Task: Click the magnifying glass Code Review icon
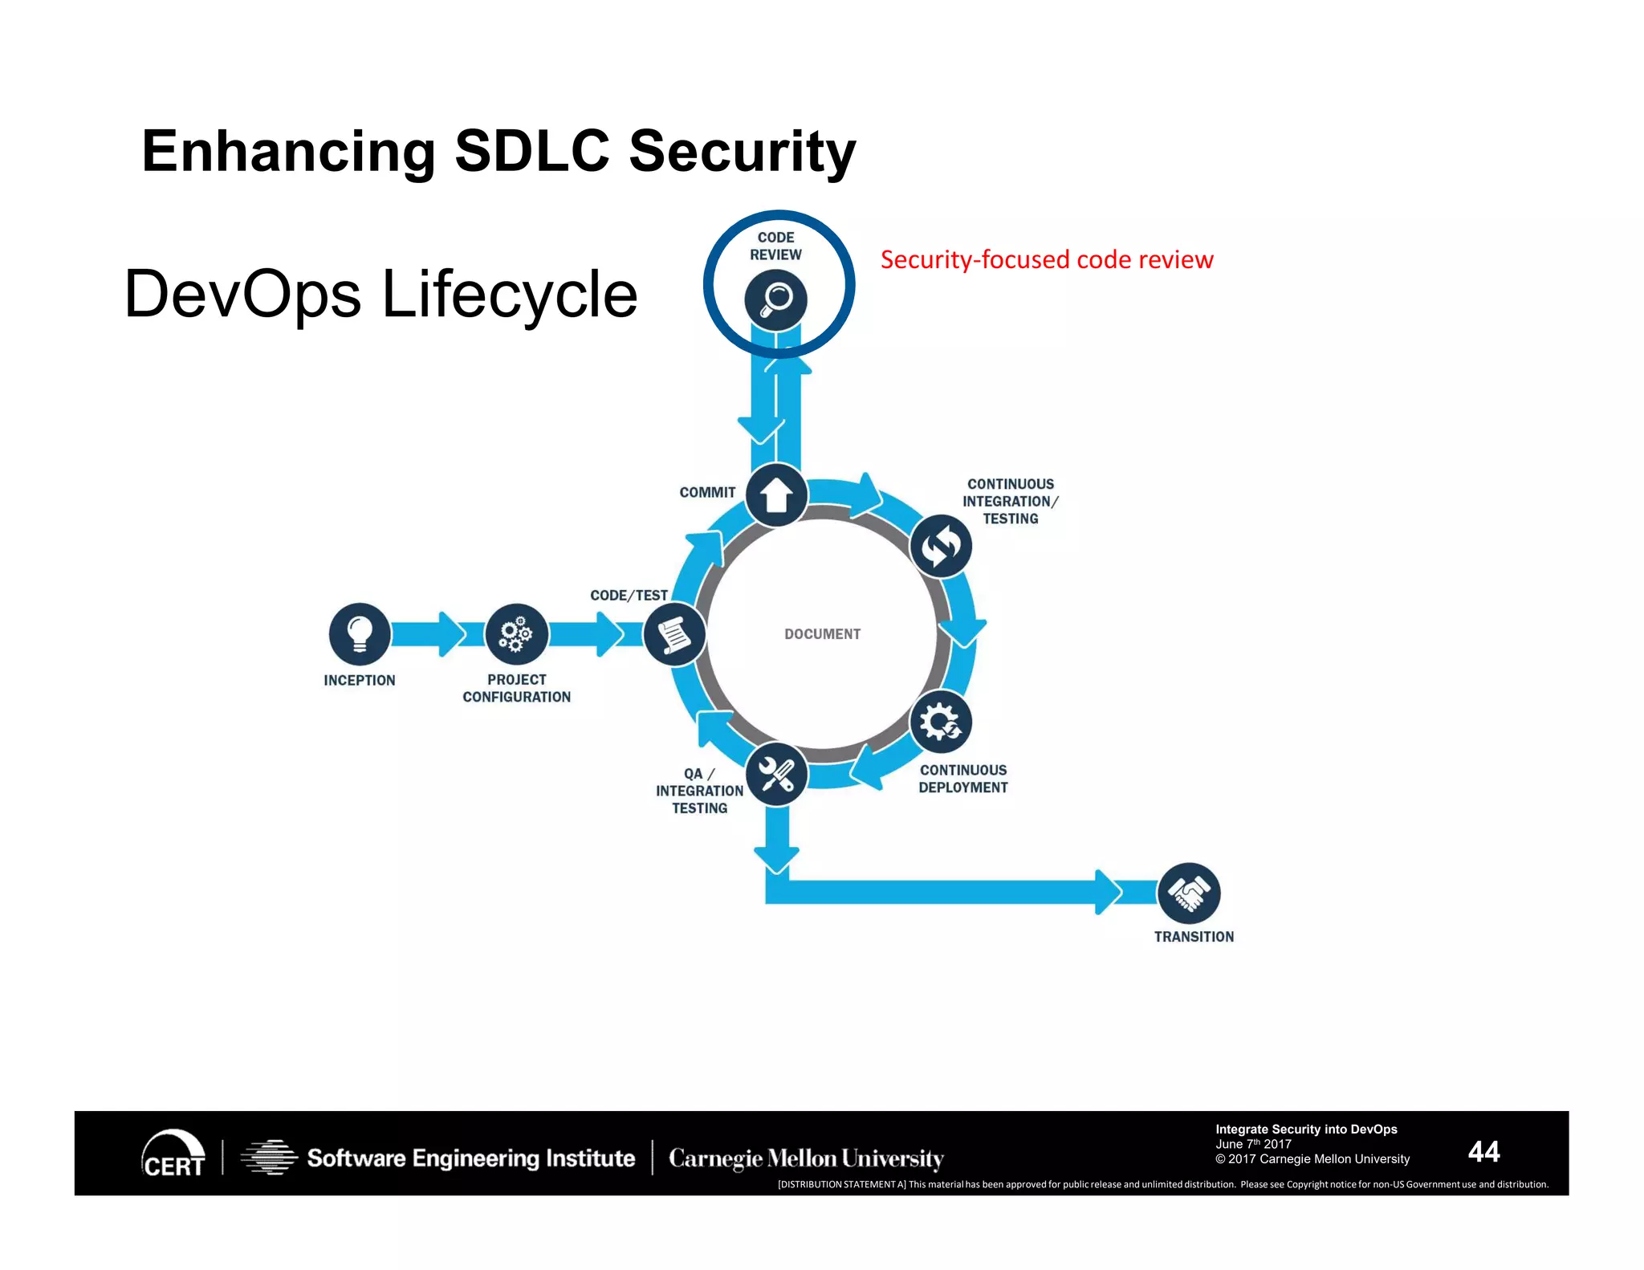pyautogui.click(x=775, y=299)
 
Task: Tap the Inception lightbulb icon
pyautogui.click(x=360, y=634)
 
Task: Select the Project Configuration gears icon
pyautogui.click(x=517, y=634)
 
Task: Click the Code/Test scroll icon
pyautogui.click(x=674, y=635)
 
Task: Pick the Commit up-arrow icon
pyautogui.click(x=776, y=495)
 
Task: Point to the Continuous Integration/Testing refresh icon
pyautogui.click(x=941, y=546)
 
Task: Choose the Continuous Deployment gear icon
pyautogui.click(x=941, y=722)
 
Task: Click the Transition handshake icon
pyautogui.click(x=1189, y=893)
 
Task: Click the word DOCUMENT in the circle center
pyautogui.click(x=822, y=634)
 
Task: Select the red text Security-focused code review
pyautogui.click(x=1046, y=260)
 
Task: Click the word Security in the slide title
pyautogui.click(x=742, y=151)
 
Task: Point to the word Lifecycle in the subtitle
pyautogui.click(x=509, y=294)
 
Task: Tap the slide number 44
pyautogui.click(x=1483, y=1151)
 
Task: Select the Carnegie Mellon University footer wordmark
pyautogui.click(x=805, y=1158)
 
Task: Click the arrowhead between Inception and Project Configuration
pyautogui.click(x=451, y=634)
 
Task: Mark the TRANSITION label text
pyautogui.click(x=1194, y=937)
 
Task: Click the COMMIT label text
pyautogui.click(x=707, y=493)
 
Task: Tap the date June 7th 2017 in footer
pyautogui.click(x=1253, y=1144)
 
